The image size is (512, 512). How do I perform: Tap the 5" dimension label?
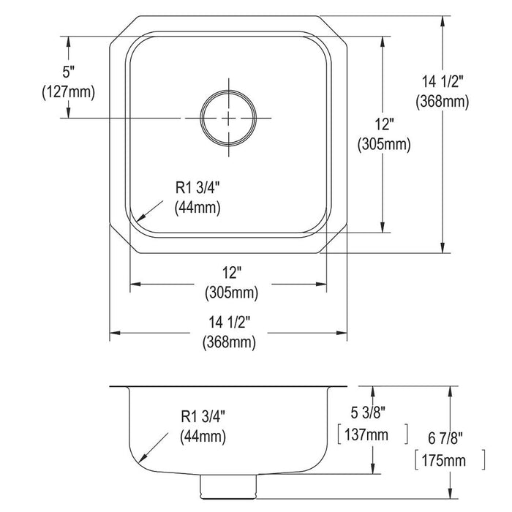(x=69, y=72)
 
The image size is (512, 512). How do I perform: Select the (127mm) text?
(x=68, y=92)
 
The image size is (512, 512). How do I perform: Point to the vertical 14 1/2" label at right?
(x=443, y=82)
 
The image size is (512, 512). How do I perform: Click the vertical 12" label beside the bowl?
(x=384, y=124)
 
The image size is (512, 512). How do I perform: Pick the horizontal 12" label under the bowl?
(x=232, y=273)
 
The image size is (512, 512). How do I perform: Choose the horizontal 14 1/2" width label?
(x=229, y=323)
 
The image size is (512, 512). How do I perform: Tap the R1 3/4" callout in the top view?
(x=197, y=188)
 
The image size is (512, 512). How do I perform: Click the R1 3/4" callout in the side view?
(x=203, y=416)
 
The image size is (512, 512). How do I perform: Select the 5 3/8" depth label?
(x=368, y=413)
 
